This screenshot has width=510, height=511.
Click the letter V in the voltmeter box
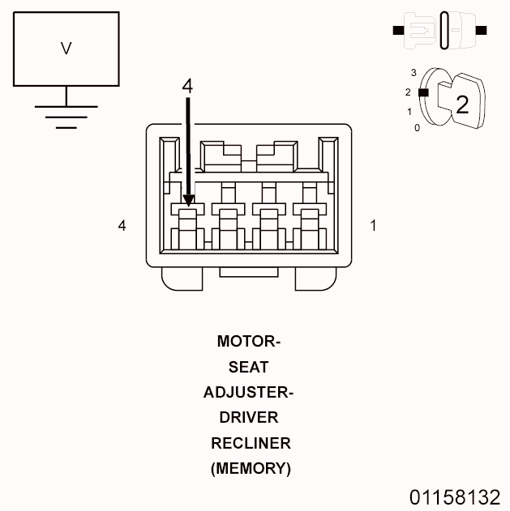click(x=66, y=49)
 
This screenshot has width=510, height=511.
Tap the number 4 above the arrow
click(x=187, y=87)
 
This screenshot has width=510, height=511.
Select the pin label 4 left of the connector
click(x=122, y=226)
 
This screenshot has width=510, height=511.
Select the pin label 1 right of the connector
click(x=373, y=226)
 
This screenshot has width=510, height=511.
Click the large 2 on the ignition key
click(x=461, y=104)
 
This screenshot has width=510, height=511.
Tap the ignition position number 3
click(x=414, y=73)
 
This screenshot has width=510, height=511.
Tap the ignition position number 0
click(x=417, y=128)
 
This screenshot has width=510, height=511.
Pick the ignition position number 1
click(x=410, y=111)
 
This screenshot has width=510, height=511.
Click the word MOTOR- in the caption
click(x=248, y=341)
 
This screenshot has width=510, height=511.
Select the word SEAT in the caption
click(x=248, y=367)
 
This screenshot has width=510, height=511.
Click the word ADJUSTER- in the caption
click(x=248, y=393)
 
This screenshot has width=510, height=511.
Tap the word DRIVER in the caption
click(x=248, y=418)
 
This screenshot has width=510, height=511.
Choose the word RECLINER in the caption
click(x=251, y=443)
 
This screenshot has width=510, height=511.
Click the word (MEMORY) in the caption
click(x=251, y=468)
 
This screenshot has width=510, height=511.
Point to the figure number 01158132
click(x=455, y=496)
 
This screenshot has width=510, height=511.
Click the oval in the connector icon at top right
click(x=445, y=31)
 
